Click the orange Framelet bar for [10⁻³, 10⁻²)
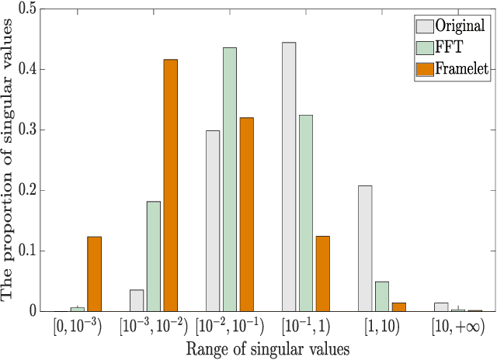(171, 185)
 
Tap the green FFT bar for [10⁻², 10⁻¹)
(230, 179)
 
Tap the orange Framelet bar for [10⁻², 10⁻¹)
(247, 214)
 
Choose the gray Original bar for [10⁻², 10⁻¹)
(213, 221)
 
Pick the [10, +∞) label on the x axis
(458, 328)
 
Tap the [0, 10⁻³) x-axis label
(78, 328)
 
